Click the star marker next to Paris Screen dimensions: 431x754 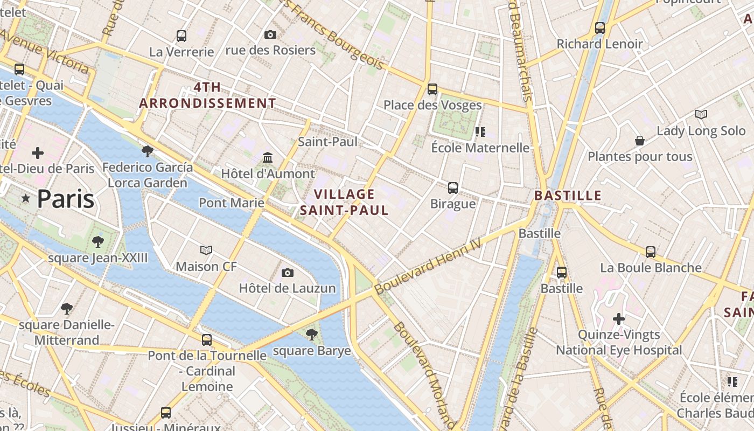25,199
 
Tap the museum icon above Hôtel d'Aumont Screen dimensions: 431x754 268,158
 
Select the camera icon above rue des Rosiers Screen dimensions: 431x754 270,35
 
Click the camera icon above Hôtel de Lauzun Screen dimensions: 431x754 288,273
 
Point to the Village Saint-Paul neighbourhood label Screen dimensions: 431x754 344,202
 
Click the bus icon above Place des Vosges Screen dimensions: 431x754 432,89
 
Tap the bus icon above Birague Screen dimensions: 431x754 453,188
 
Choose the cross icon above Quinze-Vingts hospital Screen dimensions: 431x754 619,319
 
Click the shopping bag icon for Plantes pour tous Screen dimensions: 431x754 640,141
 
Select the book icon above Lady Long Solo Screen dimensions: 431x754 701,114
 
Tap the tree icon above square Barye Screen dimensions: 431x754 311,335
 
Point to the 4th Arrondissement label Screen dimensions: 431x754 208,95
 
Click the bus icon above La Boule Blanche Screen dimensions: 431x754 651,252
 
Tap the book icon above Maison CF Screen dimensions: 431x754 206,250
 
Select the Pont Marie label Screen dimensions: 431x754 232,203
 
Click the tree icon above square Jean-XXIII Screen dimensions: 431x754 97,241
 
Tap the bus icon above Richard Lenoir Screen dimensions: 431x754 600,28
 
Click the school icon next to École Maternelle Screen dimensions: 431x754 480,131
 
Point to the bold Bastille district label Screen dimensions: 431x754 568,196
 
